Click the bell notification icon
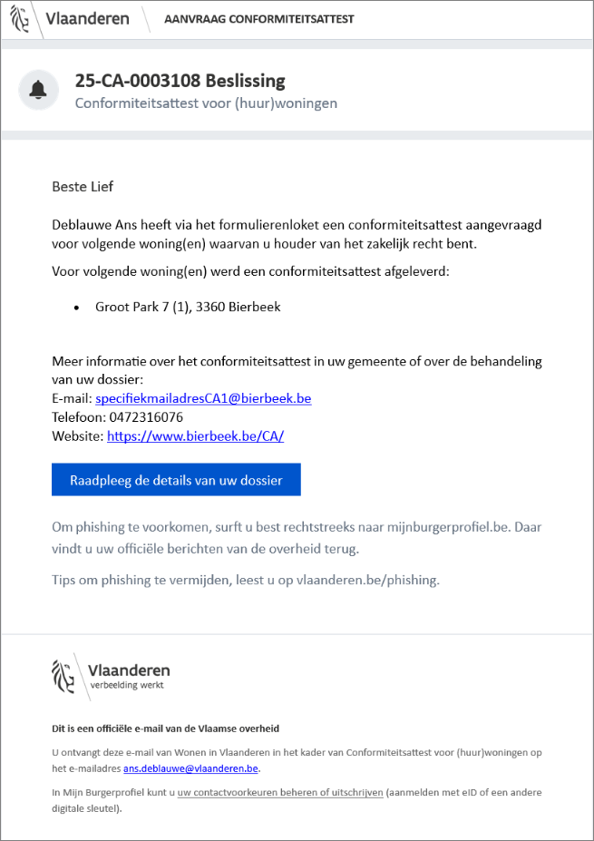click(38, 90)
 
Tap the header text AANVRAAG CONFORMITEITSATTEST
click(258, 19)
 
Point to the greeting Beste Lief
click(83, 187)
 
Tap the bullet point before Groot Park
click(75, 307)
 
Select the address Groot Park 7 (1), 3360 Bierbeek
click(188, 307)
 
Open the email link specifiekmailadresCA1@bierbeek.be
click(203, 398)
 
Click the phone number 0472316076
click(145, 417)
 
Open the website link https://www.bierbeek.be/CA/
click(195, 436)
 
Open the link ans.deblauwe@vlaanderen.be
click(190, 768)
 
